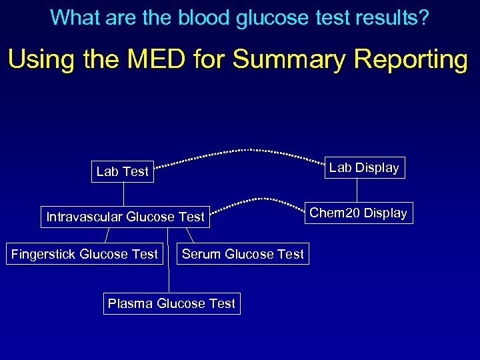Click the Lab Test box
click(x=123, y=171)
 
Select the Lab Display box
click(x=364, y=167)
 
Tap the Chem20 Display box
click(x=358, y=213)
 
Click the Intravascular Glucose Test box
click(x=125, y=217)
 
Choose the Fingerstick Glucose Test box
click(x=85, y=254)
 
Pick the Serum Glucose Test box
click(x=243, y=254)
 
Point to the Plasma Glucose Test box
click(x=171, y=303)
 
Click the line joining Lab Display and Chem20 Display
click(x=357, y=190)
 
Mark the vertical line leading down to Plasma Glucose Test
click(x=169, y=273)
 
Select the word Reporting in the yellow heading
click(x=411, y=59)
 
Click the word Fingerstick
click(x=43, y=254)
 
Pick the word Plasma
click(x=130, y=303)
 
